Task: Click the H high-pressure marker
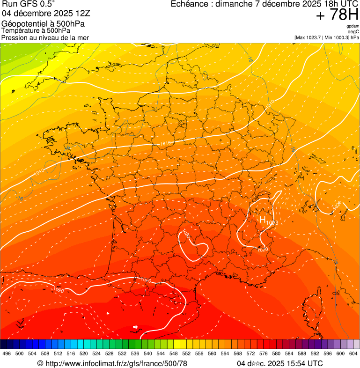coord(263,219)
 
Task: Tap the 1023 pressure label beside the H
coord(272,223)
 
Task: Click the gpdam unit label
coord(353,26)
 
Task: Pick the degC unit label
coord(354,32)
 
